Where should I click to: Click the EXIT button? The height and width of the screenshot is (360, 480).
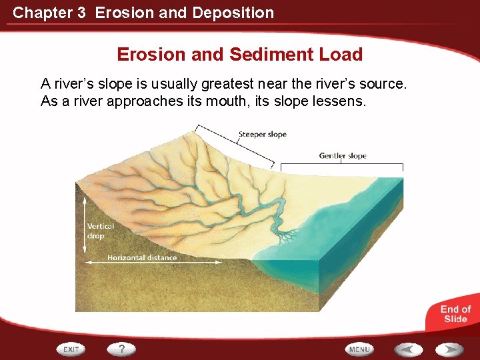click(71, 349)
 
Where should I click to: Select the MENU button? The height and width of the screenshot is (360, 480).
click(359, 349)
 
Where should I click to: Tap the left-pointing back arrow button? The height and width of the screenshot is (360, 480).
click(407, 349)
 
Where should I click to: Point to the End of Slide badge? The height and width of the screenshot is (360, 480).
click(455, 313)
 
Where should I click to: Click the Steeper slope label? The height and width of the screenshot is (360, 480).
click(262, 134)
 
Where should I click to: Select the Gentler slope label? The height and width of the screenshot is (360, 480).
click(343, 156)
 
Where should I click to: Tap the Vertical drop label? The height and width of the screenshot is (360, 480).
click(100, 231)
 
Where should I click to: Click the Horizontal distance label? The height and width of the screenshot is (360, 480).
click(142, 257)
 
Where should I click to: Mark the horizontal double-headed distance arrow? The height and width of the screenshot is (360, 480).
click(153, 263)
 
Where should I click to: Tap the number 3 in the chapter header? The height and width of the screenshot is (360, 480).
click(81, 13)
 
